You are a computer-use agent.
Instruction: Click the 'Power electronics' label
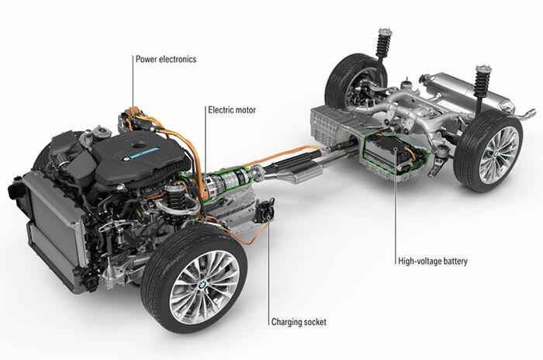click(166, 59)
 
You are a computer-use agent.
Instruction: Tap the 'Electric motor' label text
click(232, 110)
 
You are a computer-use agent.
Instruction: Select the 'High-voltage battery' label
click(433, 261)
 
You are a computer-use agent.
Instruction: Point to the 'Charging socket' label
click(299, 322)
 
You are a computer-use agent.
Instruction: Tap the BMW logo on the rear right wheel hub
click(496, 154)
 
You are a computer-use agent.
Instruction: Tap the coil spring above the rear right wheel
click(482, 82)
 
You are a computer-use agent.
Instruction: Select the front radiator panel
click(55, 229)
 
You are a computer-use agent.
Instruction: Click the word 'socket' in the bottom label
click(313, 322)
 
